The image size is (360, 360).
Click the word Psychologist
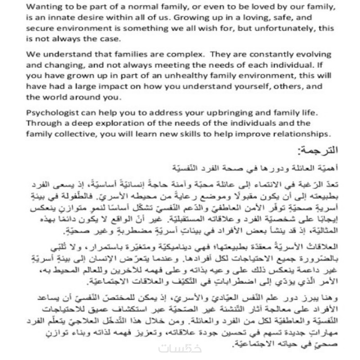coord(54,112)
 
